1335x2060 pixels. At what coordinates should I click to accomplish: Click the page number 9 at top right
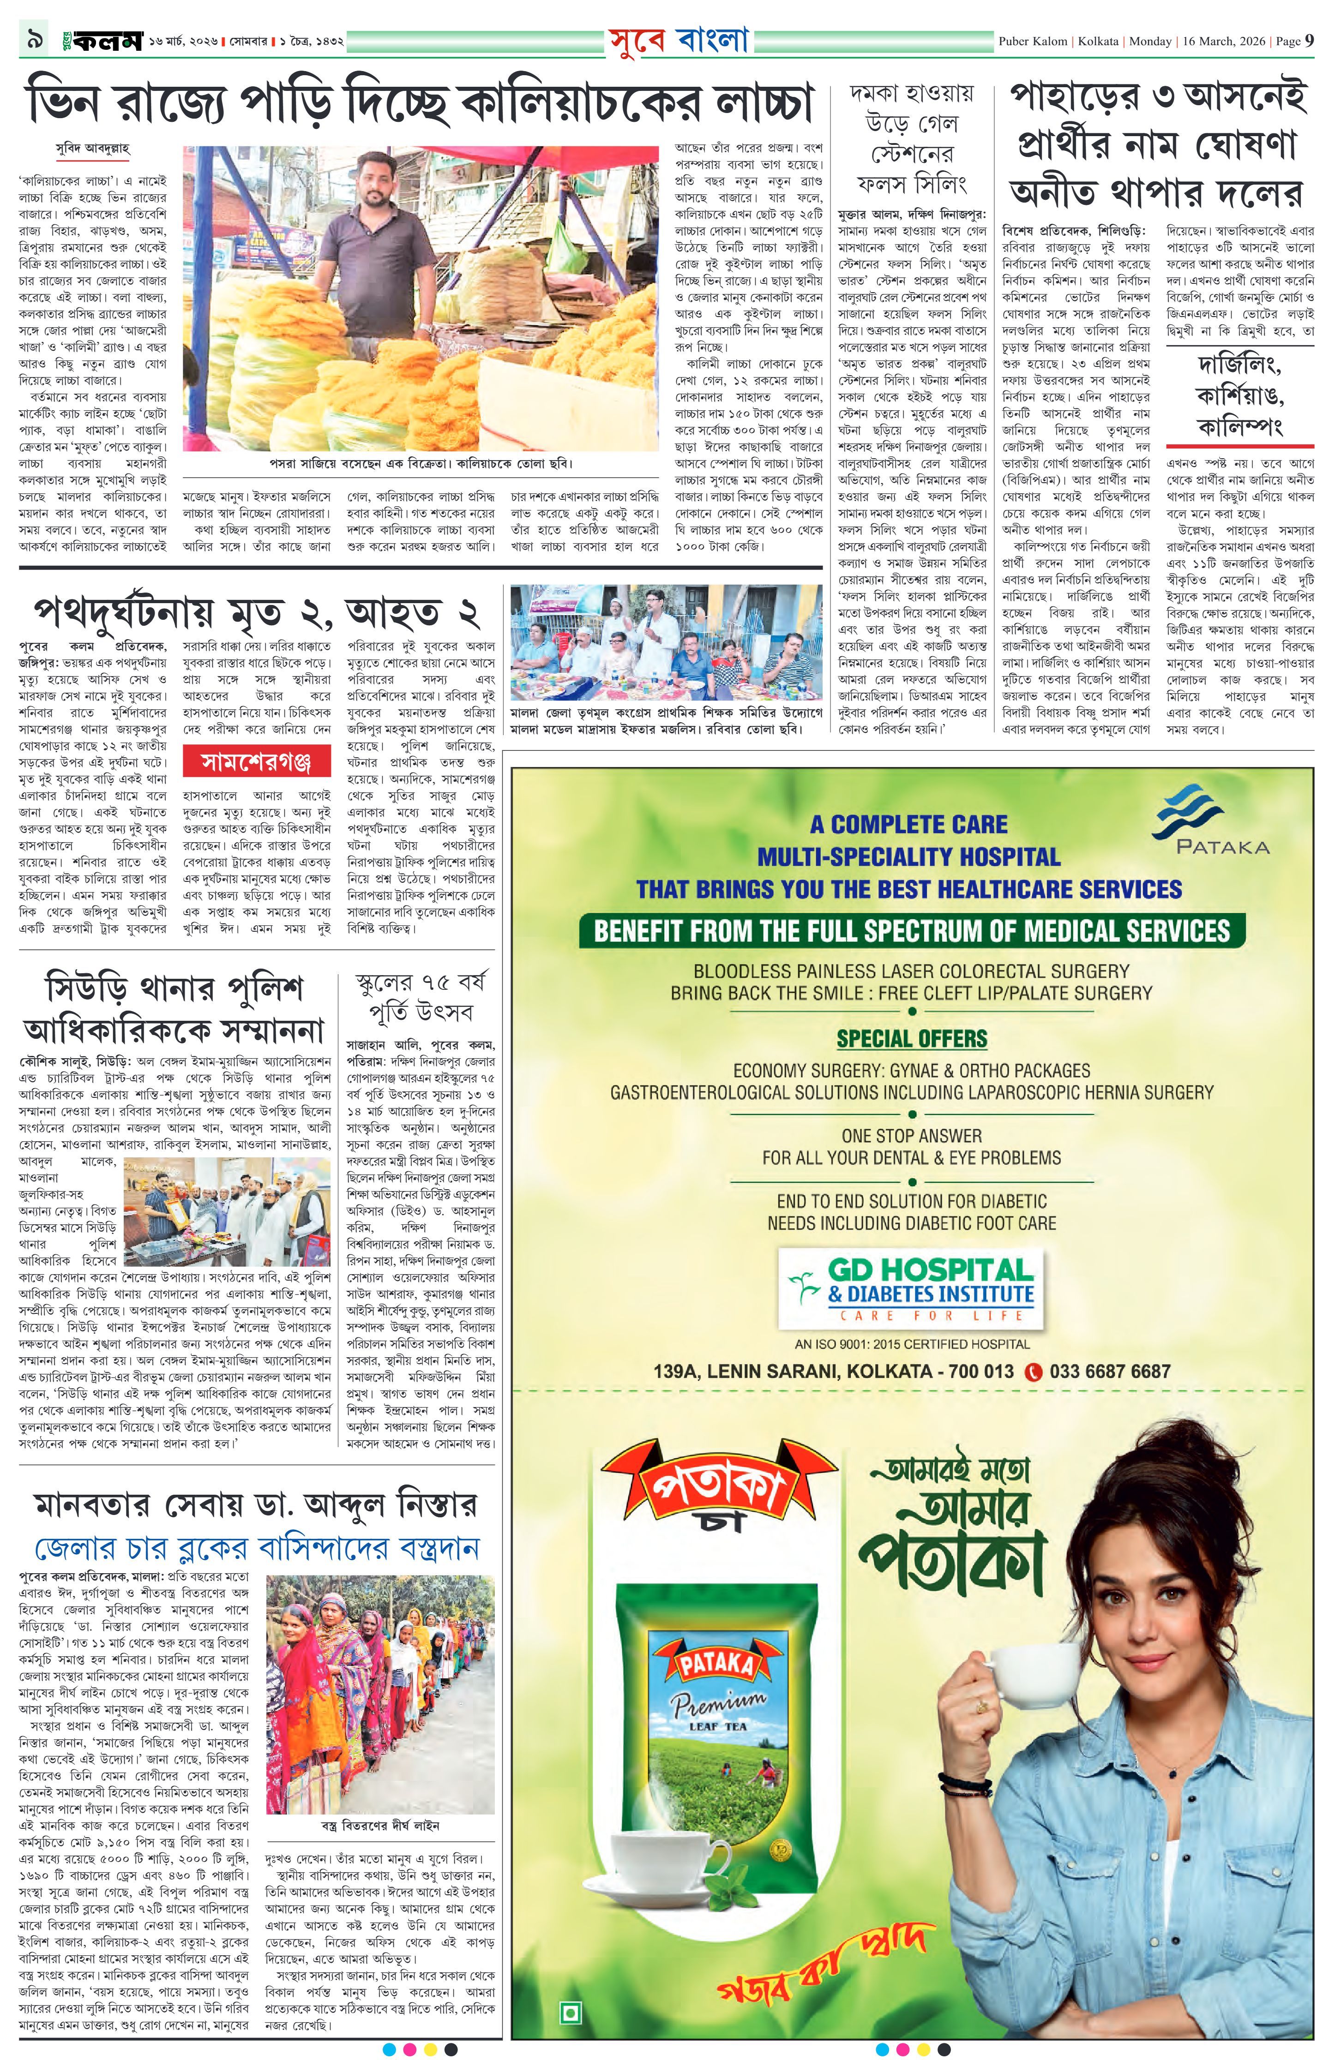click(x=1309, y=41)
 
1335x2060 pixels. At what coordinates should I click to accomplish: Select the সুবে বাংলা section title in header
click(x=678, y=41)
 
